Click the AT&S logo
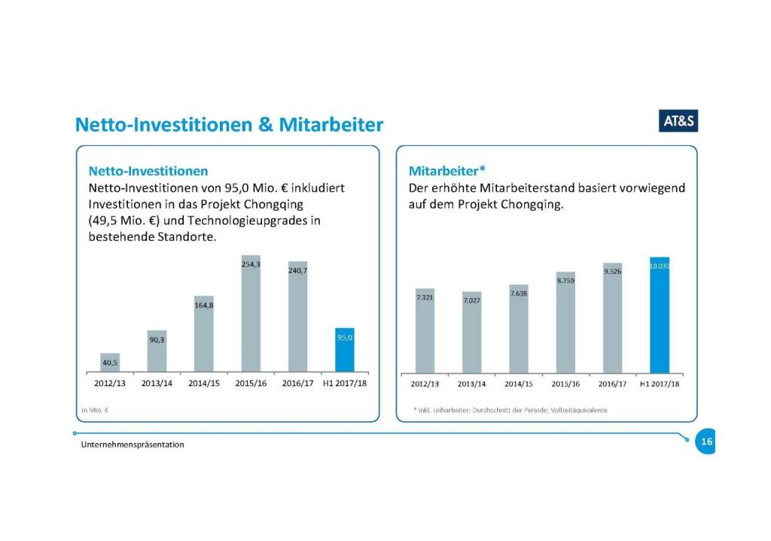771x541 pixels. [678, 122]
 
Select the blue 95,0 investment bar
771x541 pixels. [345, 350]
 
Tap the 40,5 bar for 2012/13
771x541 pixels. [110, 363]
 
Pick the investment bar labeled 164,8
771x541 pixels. [204, 334]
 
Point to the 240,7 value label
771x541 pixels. [297, 271]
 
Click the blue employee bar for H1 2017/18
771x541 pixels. [660, 315]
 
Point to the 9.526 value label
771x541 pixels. [612, 272]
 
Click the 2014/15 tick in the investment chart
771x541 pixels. [204, 384]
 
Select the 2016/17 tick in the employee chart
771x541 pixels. [612, 384]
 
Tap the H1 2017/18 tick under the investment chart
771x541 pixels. [344, 384]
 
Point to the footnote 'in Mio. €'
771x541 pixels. [96, 410]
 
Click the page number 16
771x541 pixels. [706, 442]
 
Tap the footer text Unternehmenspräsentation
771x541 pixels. [133, 445]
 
